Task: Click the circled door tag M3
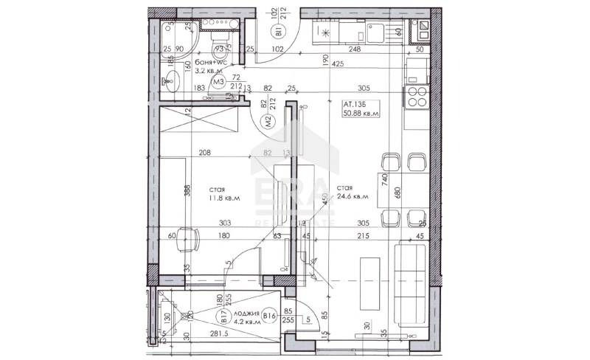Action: pyautogui.click(x=218, y=82)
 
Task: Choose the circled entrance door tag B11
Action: pyautogui.click(x=280, y=32)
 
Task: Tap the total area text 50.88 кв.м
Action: pyautogui.click(x=360, y=115)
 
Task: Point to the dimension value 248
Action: pyautogui.click(x=355, y=50)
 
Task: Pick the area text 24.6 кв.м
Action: pyautogui.click(x=351, y=197)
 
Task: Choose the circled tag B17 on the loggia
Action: pyautogui.click(x=222, y=318)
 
